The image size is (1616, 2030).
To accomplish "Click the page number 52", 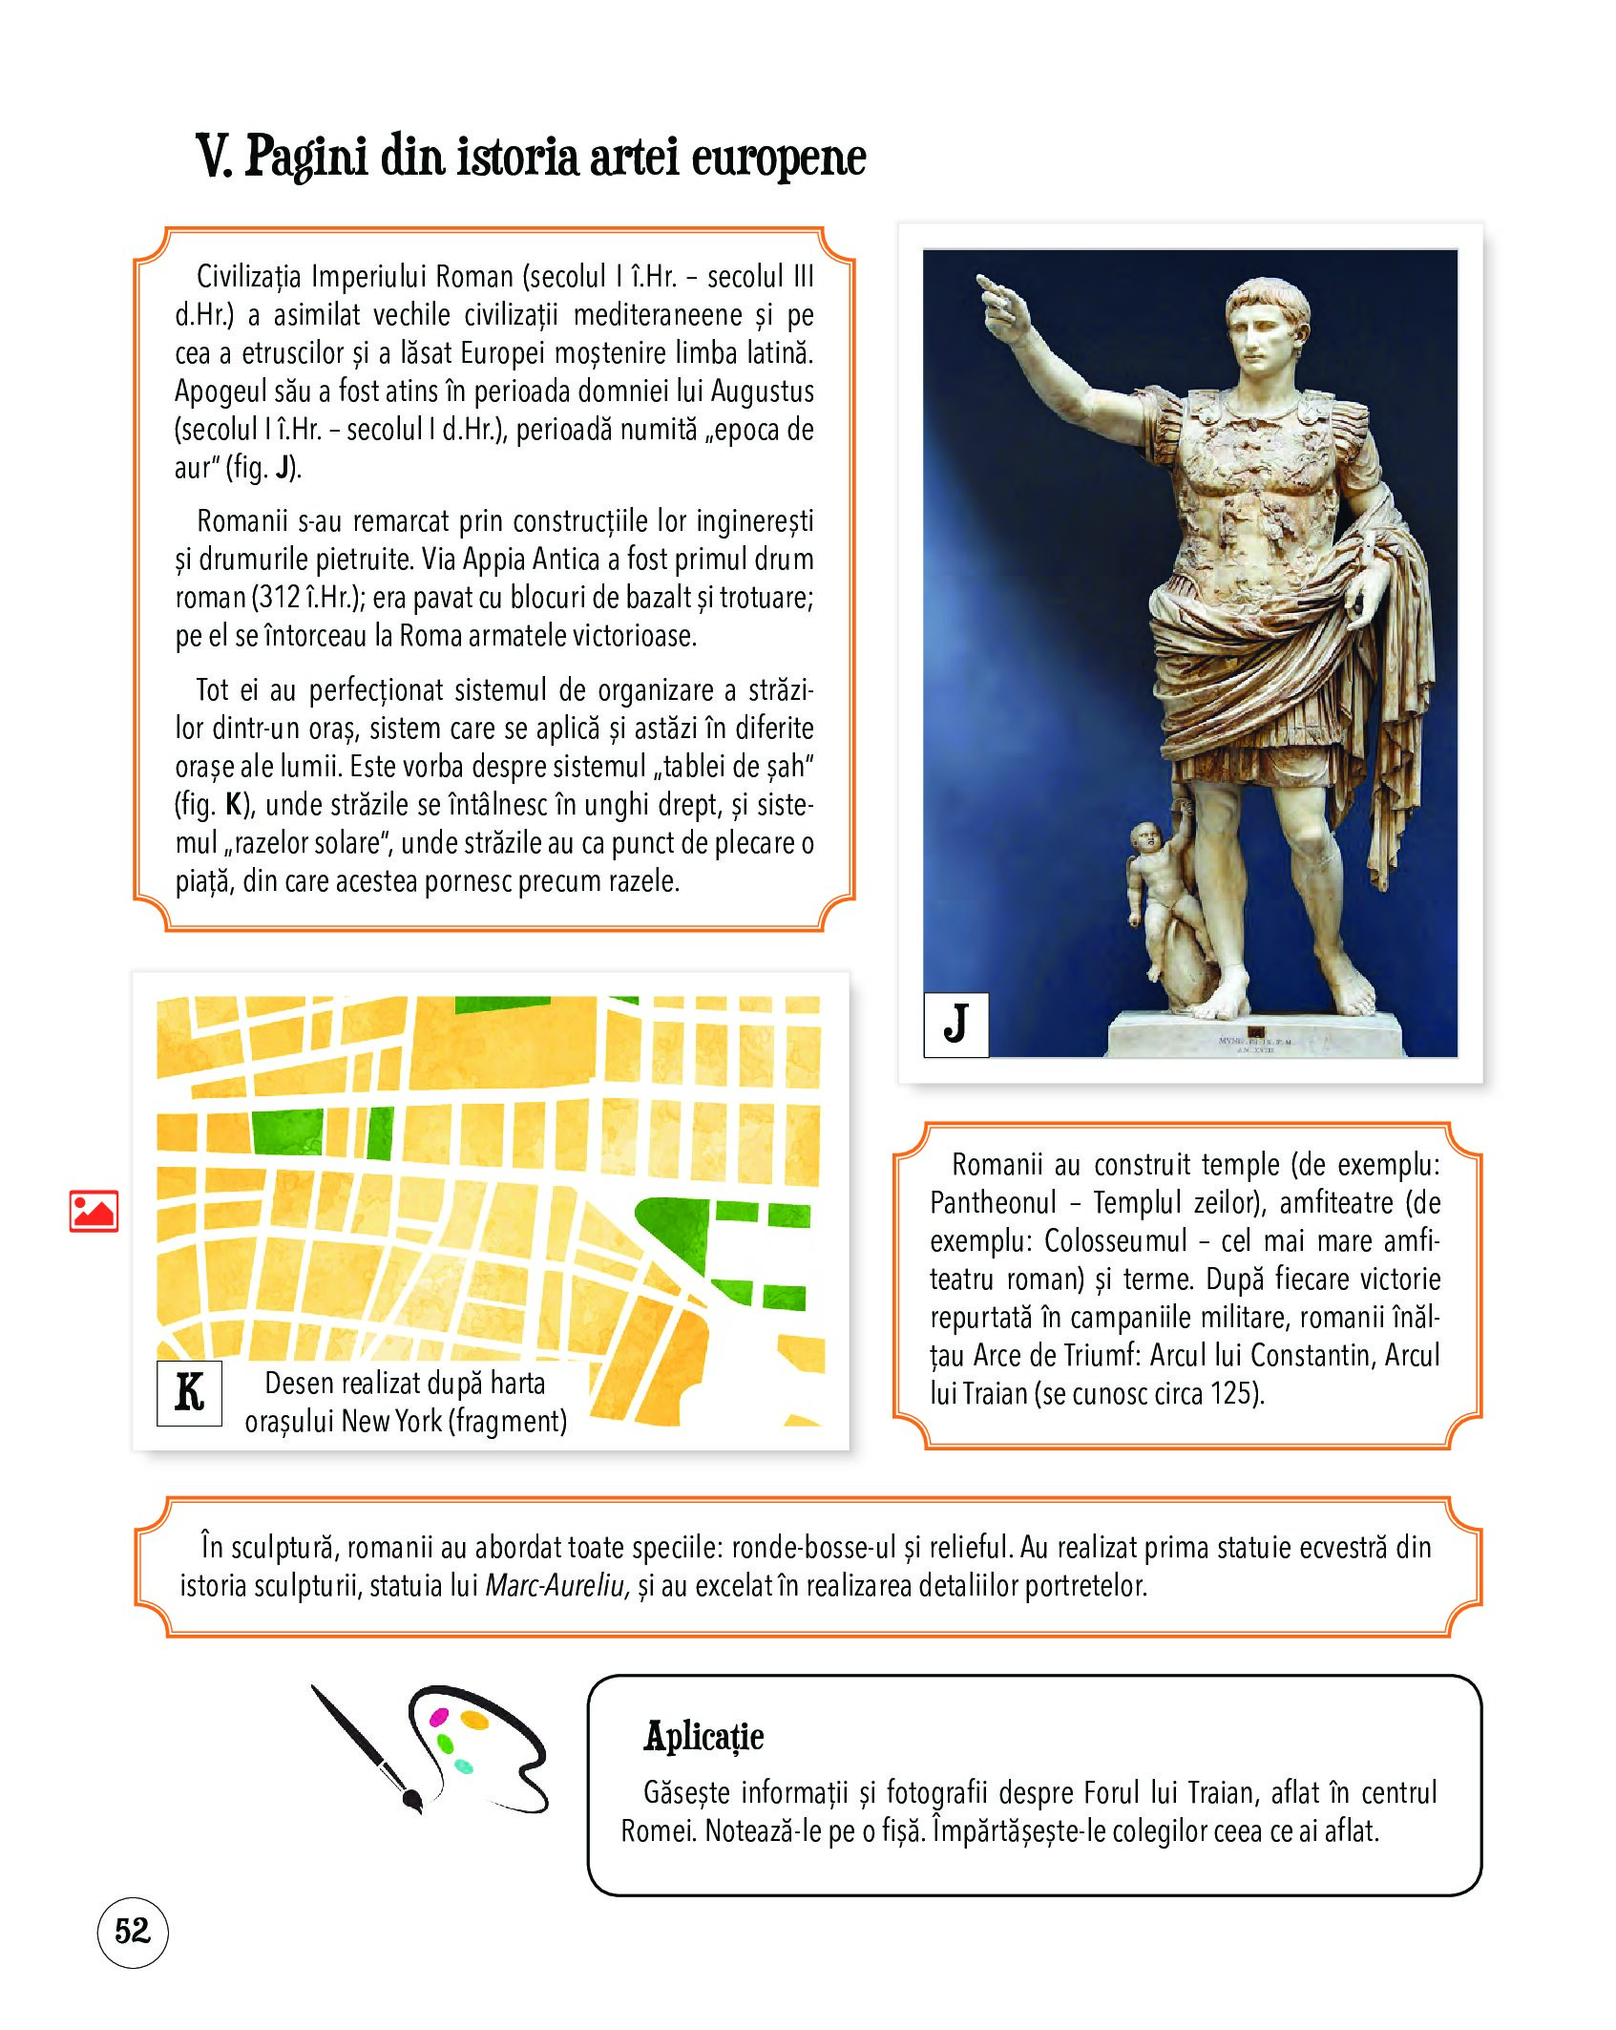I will [133, 1931].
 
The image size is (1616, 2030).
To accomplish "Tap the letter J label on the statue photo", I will [955, 1024].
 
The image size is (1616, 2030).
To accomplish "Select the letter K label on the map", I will [189, 1392].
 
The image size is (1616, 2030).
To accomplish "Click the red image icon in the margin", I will [94, 1211].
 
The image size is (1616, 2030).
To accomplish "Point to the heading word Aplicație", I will [703, 1736].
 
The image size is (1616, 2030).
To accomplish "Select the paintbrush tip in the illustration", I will [412, 1800].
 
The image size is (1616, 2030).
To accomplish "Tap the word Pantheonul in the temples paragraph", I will [994, 1203].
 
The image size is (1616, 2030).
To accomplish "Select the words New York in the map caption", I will [391, 1422].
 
